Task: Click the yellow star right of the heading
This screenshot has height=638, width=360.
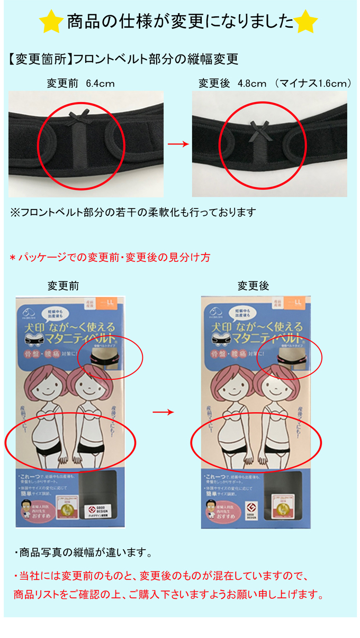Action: coord(306,22)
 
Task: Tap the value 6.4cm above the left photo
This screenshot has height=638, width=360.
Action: coord(100,84)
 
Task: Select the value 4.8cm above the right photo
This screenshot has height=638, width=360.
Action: coord(252,84)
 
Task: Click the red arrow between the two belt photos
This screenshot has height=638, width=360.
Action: coord(178,144)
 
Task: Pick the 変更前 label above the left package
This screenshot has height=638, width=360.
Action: coord(63,286)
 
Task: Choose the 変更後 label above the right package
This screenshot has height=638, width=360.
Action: coord(253,286)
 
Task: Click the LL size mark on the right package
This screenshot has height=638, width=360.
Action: coord(298,303)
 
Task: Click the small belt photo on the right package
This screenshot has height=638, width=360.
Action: coord(289,360)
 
